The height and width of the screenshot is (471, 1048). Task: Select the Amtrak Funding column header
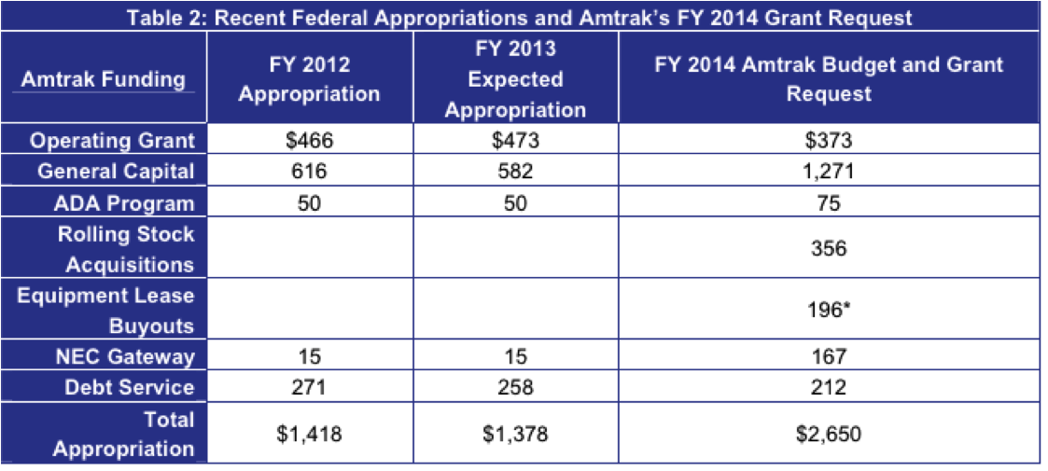pyautogui.click(x=104, y=79)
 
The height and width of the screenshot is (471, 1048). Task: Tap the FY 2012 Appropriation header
pyautogui.click(x=309, y=79)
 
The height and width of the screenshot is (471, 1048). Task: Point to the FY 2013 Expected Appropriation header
pyautogui.click(x=515, y=78)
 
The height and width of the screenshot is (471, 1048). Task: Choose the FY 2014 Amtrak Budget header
pyautogui.click(x=829, y=79)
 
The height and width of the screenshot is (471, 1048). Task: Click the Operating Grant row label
pyautogui.click(x=113, y=141)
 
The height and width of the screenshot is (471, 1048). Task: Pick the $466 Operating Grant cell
pyautogui.click(x=309, y=141)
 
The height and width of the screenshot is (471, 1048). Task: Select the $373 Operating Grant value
pyautogui.click(x=829, y=141)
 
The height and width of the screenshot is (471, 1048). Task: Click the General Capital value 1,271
pyautogui.click(x=829, y=172)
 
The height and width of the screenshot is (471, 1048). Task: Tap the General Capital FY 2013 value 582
pyautogui.click(x=515, y=172)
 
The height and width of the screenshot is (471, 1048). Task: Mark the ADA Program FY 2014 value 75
pyautogui.click(x=829, y=202)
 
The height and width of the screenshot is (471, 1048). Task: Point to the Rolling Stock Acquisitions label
pyautogui.click(x=126, y=249)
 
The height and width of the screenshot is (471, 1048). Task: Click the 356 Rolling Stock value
pyautogui.click(x=829, y=249)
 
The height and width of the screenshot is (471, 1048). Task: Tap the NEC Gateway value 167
pyautogui.click(x=829, y=356)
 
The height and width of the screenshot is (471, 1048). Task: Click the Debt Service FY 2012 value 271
pyautogui.click(x=309, y=387)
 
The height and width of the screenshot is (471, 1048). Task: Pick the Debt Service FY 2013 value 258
pyautogui.click(x=515, y=387)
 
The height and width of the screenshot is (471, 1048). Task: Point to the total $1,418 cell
pyautogui.click(x=309, y=434)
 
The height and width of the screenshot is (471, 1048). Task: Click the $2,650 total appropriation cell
pyautogui.click(x=829, y=434)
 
